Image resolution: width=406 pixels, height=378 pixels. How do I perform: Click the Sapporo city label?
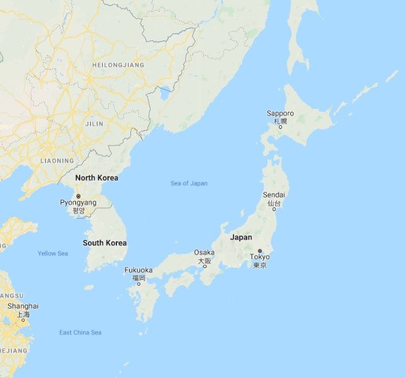(x=280, y=114)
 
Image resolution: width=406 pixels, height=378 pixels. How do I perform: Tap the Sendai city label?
(x=274, y=195)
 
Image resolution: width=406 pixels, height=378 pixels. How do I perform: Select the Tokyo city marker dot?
(x=260, y=251)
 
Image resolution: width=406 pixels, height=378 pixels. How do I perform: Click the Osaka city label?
(x=204, y=253)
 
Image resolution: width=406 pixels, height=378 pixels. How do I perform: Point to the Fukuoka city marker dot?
(x=139, y=284)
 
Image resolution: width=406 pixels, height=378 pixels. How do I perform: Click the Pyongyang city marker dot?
(x=78, y=196)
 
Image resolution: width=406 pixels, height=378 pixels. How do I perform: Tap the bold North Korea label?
(x=97, y=178)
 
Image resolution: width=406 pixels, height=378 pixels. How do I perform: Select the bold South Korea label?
(x=105, y=243)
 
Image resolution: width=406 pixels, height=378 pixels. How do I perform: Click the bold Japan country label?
(x=241, y=238)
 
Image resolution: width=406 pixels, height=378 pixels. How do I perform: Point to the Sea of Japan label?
(x=189, y=183)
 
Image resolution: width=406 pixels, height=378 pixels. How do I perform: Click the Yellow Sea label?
(x=52, y=253)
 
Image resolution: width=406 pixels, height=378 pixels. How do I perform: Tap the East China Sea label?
(x=80, y=332)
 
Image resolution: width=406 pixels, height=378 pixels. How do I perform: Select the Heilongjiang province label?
(x=118, y=65)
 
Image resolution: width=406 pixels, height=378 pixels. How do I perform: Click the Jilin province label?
(x=94, y=125)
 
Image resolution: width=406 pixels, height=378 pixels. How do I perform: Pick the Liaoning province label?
(x=57, y=161)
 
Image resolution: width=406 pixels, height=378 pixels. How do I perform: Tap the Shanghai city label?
(x=23, y=306)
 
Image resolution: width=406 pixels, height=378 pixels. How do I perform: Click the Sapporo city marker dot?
(x=280, y=126)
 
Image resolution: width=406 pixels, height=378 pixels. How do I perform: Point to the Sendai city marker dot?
(x=274, y=209)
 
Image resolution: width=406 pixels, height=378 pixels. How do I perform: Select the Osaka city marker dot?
(x=204, y=266)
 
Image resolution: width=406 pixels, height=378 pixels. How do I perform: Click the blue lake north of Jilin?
(x=165, y=95)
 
